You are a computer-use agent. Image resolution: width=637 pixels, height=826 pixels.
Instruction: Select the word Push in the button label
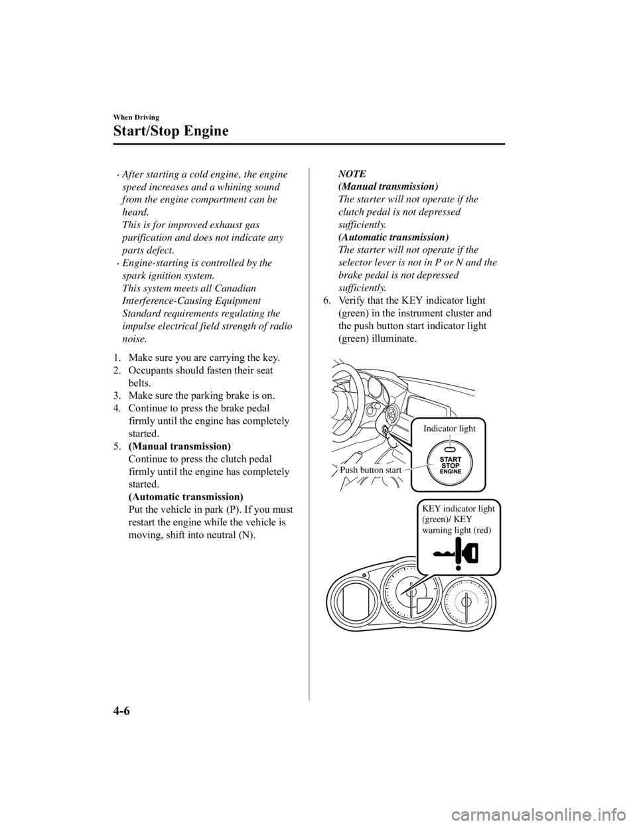point(349,470)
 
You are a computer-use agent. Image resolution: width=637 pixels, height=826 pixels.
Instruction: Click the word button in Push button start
point(372,470)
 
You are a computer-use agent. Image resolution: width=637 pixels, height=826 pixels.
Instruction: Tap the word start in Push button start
point(392,470)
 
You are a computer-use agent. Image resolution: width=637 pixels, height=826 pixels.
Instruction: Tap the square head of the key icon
point(473,552)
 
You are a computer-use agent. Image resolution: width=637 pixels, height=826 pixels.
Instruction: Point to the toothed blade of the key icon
point(442,553)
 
